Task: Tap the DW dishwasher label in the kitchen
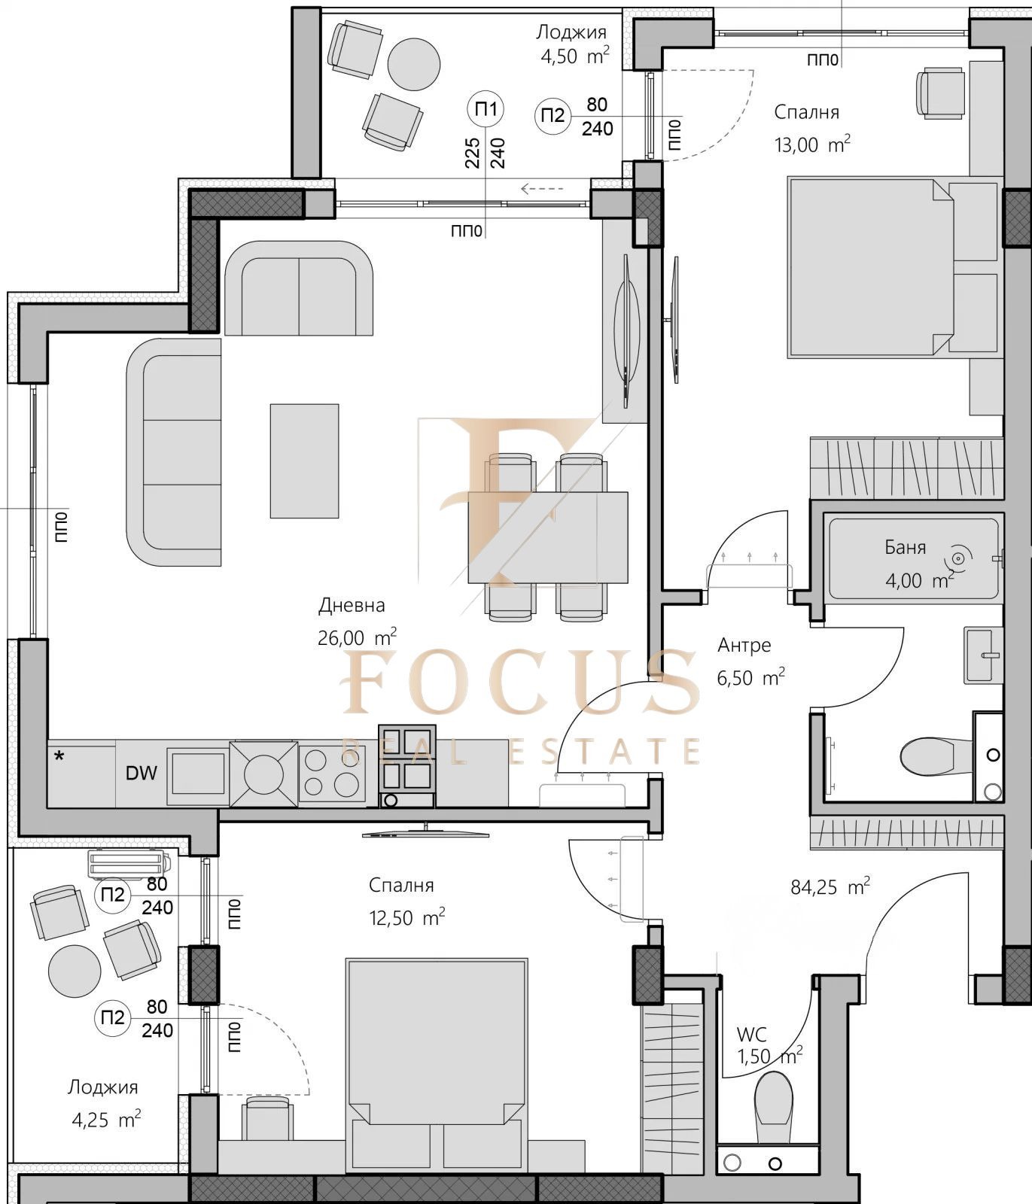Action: point(142,773)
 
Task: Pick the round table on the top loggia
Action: point(413,63)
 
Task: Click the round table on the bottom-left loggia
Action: point(74,971)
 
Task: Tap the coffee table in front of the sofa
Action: point(305,461)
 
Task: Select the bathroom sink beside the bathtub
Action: point(983,655)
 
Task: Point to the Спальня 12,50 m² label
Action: point(405,901)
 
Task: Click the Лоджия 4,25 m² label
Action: point(104,1103)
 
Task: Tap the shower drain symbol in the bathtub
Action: point(958,558)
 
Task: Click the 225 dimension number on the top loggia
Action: point(472,153)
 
